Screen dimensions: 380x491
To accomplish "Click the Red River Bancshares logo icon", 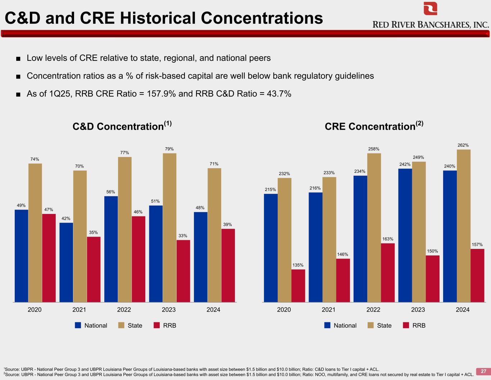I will pos(430,9).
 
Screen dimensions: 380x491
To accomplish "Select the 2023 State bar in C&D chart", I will pos(169,227).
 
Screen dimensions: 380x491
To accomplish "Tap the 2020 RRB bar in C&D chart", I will pos(49,258).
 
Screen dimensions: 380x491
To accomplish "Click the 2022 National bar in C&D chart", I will pos(111,249).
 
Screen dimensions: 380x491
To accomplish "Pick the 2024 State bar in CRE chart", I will pos(464,225).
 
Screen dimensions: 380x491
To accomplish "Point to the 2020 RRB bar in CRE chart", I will pos(298,286).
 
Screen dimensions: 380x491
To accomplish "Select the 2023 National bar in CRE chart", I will pos(405,235).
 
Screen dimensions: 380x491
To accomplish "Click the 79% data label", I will pos(169,149).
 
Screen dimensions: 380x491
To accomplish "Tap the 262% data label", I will pos(463,145).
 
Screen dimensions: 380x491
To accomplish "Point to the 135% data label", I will pos(298,265).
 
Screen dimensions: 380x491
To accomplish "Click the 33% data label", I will pos(183,236).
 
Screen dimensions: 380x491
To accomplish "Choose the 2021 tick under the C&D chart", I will pos(79,310).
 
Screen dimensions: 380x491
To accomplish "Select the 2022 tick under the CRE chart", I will pos(373,310).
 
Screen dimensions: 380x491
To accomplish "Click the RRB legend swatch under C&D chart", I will pos(156,325).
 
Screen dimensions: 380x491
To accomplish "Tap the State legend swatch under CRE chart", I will pos(370,325).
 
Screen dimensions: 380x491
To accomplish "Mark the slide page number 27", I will pos(483,371).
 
